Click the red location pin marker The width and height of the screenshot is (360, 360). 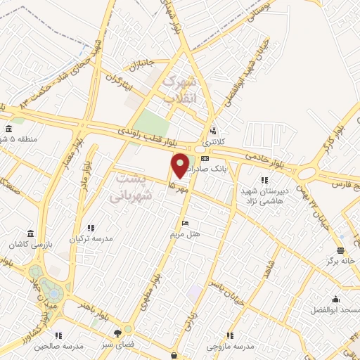tap(181, 165)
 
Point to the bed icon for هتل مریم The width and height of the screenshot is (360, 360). tap(185, 223)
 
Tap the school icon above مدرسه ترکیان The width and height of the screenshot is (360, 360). tap(91, 228)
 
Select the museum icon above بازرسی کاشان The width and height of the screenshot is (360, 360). tap(30, 233)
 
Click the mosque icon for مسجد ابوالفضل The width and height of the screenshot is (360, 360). tap(335, 300)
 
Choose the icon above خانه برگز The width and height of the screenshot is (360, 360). tap(340, 250)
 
